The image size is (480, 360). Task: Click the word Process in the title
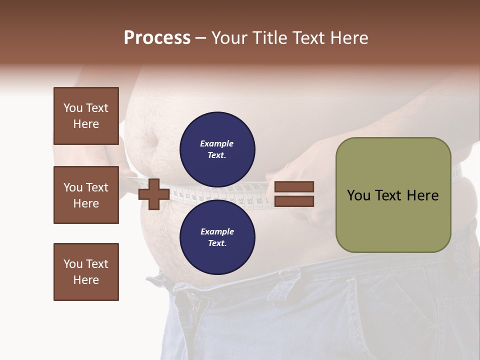coord(157,38)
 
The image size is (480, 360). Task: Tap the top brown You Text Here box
coord(86,116)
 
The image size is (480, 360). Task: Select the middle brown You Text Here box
coord(86,195)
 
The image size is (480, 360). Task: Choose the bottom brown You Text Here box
coord(86,272)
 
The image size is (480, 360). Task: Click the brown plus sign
coord(154,194)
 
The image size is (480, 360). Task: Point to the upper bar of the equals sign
coord(294,186)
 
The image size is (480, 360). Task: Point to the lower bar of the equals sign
coord(294,201)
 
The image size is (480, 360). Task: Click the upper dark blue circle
coord(217,149)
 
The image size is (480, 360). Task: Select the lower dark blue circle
coord(217,237)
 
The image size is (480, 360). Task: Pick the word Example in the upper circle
coord(217,143)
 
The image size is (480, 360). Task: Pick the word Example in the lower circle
coord(217,231)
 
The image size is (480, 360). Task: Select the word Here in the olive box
coord(424,195)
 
